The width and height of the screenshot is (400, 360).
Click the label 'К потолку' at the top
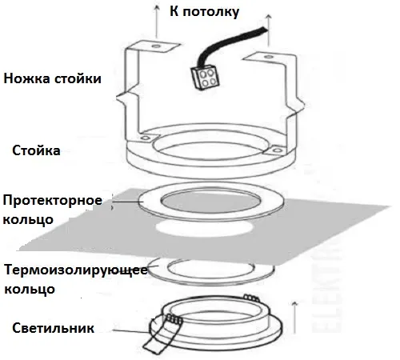[204, 12]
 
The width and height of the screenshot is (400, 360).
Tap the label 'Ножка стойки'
[52, 78]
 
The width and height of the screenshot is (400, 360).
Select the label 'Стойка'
[36, 150]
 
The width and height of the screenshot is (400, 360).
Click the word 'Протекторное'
[53, 201]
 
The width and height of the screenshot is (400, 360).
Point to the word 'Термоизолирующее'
[76, 270]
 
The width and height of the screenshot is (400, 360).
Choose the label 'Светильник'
[53, 328]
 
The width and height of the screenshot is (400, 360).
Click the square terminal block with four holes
[206, 78]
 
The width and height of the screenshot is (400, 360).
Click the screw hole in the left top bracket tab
[156, 46]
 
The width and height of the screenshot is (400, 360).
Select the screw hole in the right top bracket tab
[268, 57]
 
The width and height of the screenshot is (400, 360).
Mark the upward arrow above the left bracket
[156, 22]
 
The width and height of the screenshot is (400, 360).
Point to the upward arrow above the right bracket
[269, 30]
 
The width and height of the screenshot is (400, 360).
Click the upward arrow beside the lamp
[294, 318]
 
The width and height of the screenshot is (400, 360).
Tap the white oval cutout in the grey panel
[204, 229]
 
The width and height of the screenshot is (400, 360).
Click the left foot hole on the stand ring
[145, 138]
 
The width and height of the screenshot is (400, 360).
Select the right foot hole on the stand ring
[278, 150]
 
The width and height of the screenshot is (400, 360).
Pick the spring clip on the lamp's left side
[160, 334]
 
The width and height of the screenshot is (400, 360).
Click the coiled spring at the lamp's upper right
[251, 298]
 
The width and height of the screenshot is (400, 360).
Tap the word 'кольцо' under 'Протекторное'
[28, 220]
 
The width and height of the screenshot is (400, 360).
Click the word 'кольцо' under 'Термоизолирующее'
[30, 289]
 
